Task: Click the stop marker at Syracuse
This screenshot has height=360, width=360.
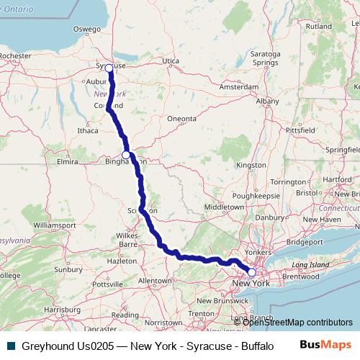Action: tap(109, 68)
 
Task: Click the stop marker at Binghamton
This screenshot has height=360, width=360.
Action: tap(126, 155)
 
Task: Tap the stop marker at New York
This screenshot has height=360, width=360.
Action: tap(251, 273)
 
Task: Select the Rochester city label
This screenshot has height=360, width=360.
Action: tap(17, 55)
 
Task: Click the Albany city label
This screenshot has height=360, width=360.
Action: tap(267, 102)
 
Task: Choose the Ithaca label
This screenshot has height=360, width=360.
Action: tap(87, 131)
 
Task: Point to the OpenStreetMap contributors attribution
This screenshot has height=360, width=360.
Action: tap(297, 322)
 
